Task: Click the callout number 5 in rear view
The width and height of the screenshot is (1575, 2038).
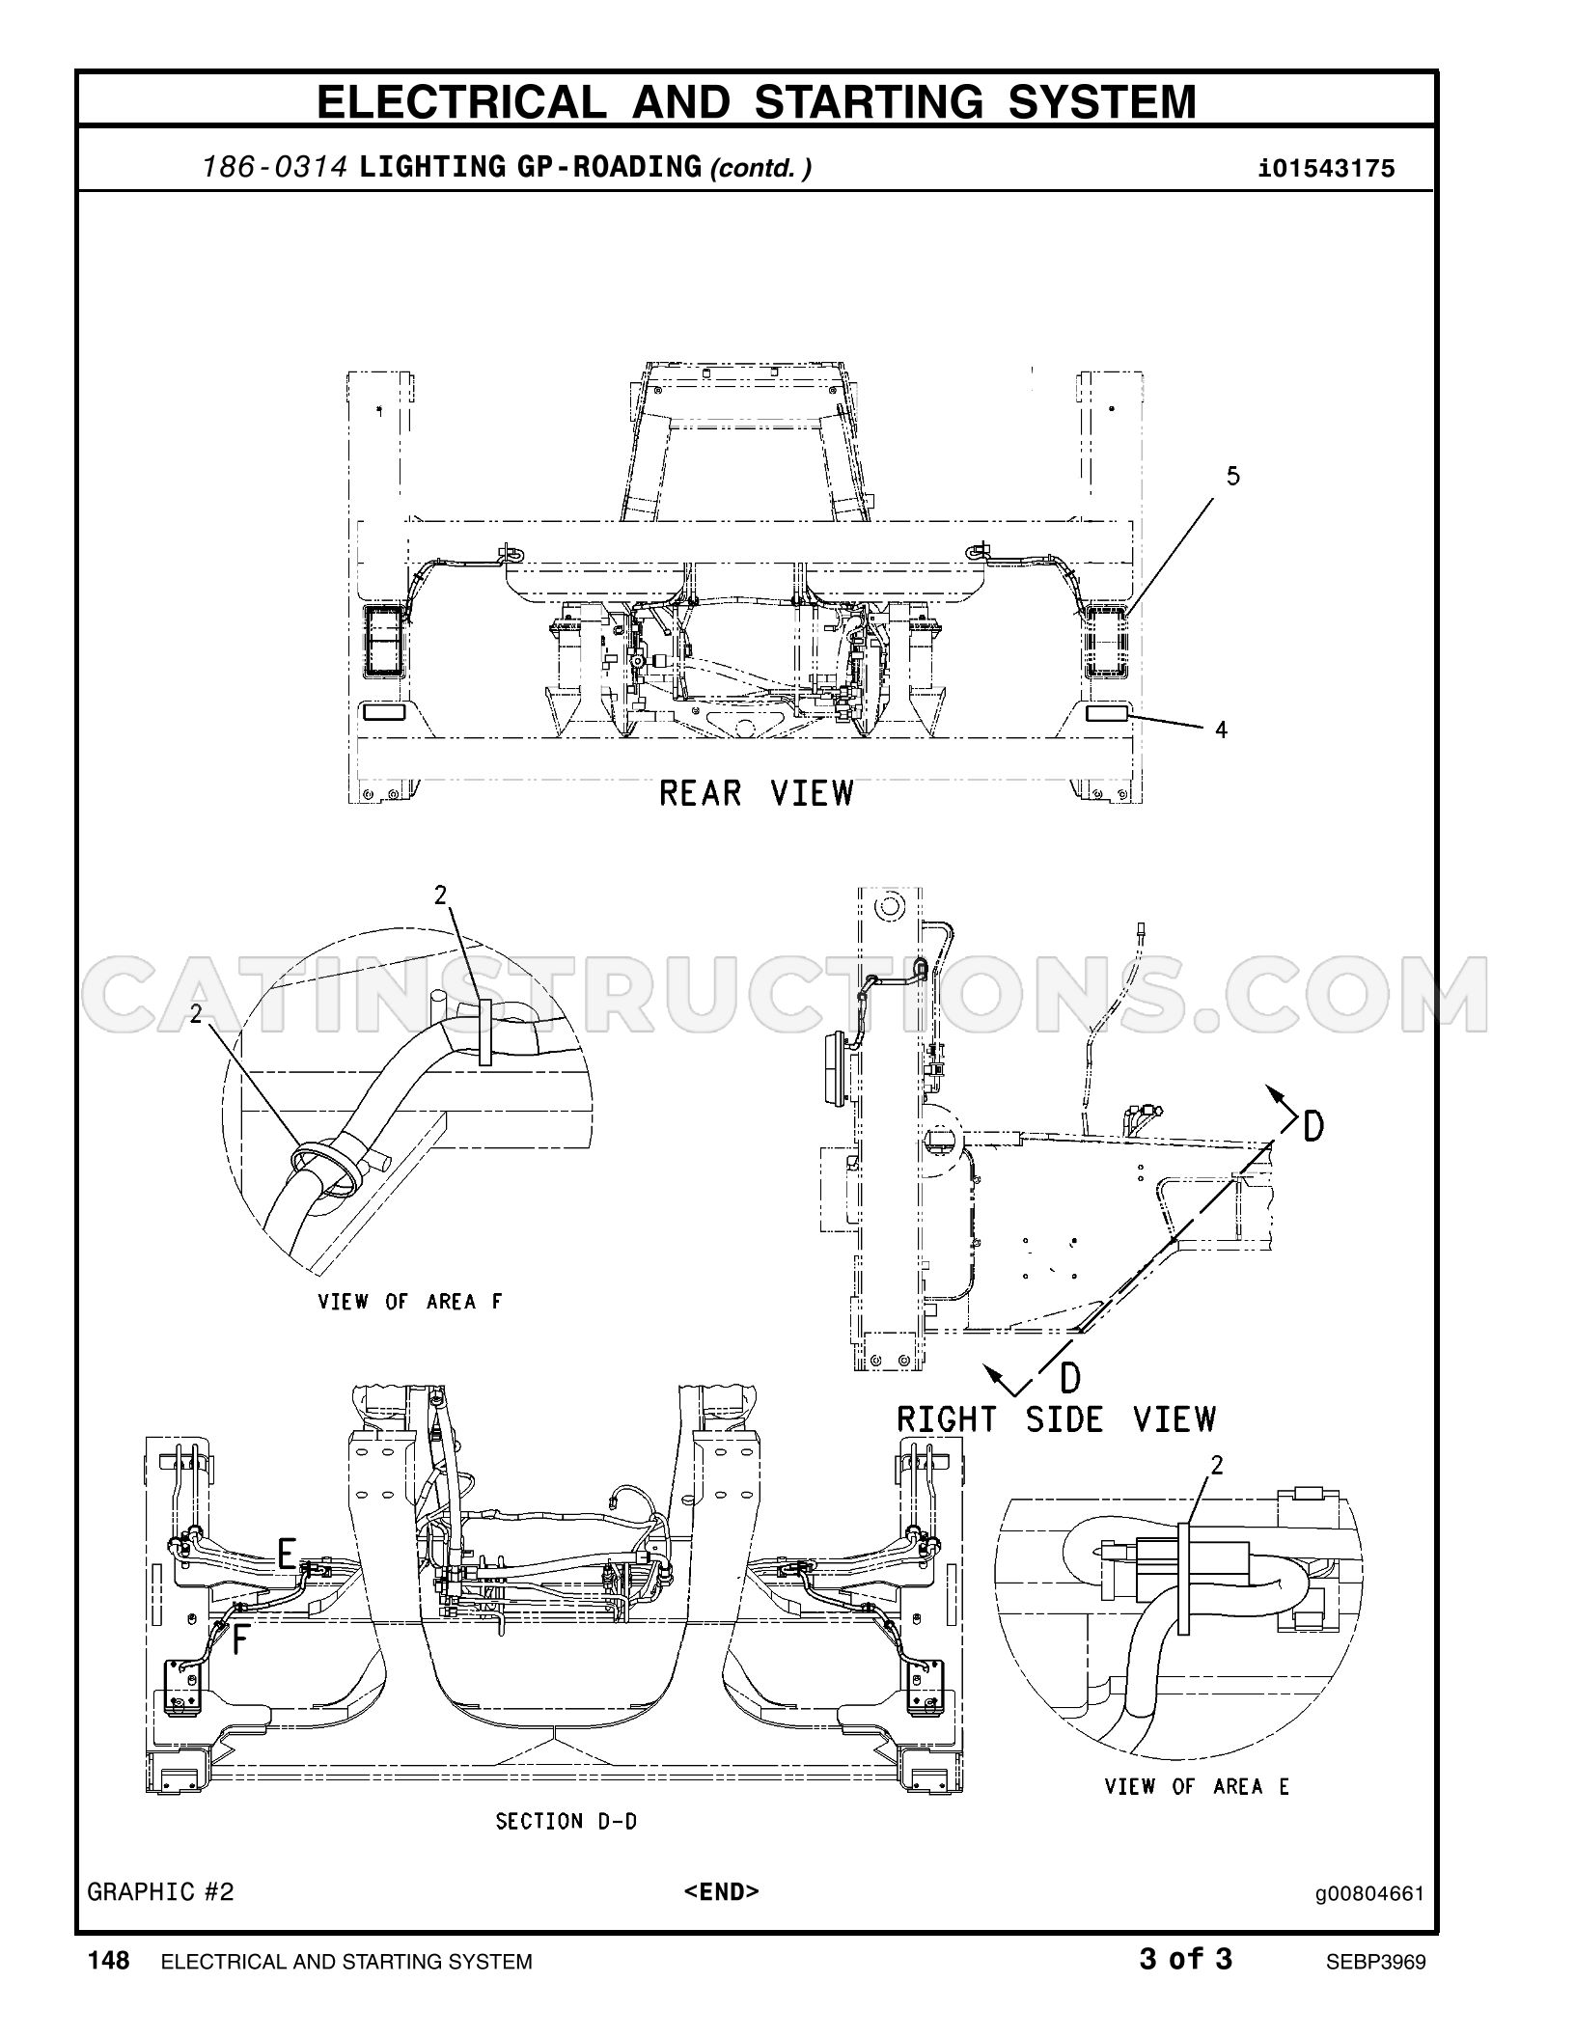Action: tap(1232, 476)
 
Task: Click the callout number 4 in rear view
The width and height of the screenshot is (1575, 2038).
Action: tap(1221, 730)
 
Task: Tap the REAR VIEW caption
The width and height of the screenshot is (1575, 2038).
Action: tap(757, 793)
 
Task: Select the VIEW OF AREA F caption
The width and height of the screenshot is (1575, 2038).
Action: tap(410, 1302)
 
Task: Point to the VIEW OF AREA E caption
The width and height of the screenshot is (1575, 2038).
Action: tap(1197, 1786)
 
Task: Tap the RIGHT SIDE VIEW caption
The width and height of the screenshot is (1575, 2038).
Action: tap(1057, 1418)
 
